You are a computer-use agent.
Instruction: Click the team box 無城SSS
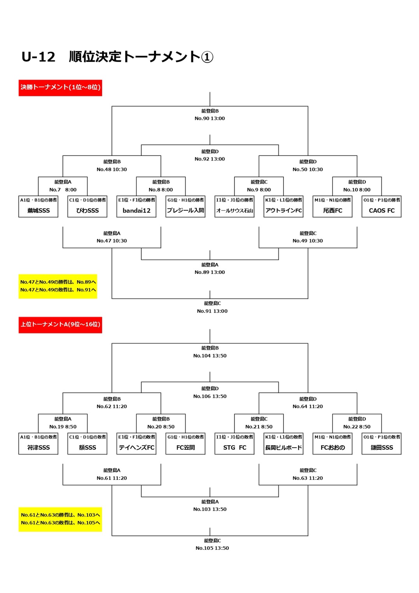pyautogui.click(x=39, y=210)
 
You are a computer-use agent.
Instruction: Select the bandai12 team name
pyautogui.click(x=137, y=210)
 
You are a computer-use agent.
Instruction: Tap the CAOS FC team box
pyautogui.click(x=382, y=210)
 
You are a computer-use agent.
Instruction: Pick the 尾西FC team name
pyautogui.click(x=333, y=210)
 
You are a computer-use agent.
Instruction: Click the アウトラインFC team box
pyautogui.click(x=283, y=210)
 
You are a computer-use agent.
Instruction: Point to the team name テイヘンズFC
pyautogui.click(x=137, y=448)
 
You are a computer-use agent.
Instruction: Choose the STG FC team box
pyautogui.click(x=235, y=448)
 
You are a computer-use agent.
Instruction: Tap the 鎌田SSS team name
pyautogui.click(x=382, y=448)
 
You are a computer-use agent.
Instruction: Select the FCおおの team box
pyautogui.click(x=333, y=448)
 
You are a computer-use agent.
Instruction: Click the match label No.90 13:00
pyautogui.click(x=210, y=118)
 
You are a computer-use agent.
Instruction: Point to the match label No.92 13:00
pyautogui.click(x=210, y=159)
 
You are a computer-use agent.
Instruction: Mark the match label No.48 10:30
pyautogui.click(x=112, y=169)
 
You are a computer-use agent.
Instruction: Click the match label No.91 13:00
pyautogui.click(x=212, y=311)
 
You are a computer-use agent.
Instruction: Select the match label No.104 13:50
pyautogui.click(x=210, y=356)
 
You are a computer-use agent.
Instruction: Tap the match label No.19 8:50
pyautogui.click(x=63, y=427)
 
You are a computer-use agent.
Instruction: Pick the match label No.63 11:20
pyautogui.click(x=308, y=478)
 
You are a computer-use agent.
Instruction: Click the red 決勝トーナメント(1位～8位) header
pyautogui.click(x=60, y=88)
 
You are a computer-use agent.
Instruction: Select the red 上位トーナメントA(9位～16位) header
pyautogui.click(x=60, y=325)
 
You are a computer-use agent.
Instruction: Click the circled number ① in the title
pyautogui.click(x=207, y=57)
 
